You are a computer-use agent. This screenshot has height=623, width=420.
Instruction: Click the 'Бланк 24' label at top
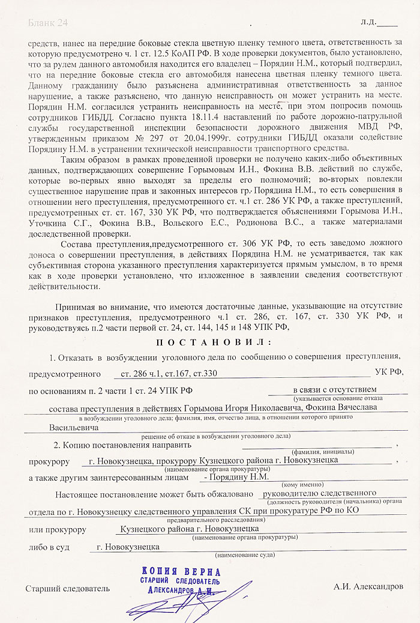click(47, 23)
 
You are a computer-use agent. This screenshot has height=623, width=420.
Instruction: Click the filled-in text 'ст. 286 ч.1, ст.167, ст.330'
click(169, 373)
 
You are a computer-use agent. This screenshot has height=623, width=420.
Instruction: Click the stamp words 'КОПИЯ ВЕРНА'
click(182, 571)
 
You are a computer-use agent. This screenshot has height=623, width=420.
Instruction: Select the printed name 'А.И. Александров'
click(368, 586)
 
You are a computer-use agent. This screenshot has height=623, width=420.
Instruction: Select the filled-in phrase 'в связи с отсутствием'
click(335, 390)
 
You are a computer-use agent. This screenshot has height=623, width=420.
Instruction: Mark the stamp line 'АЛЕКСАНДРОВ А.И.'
click(180, 590)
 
